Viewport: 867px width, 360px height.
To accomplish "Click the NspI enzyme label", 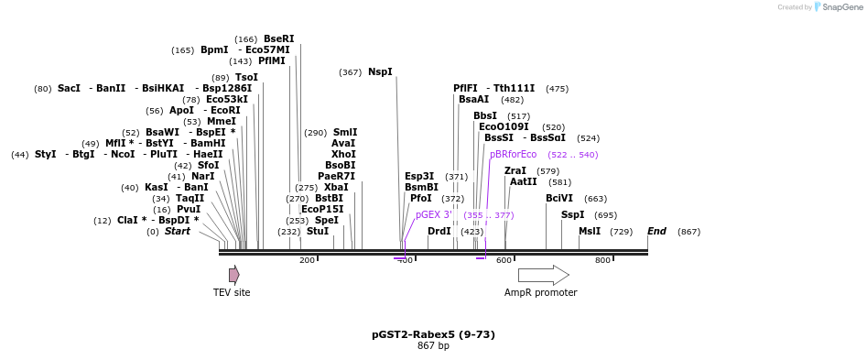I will point(380,72).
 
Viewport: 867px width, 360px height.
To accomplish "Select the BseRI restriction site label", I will point(279,38).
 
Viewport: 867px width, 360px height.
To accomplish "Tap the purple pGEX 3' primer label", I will point(434,215).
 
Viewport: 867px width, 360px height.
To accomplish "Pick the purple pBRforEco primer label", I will point(513,155).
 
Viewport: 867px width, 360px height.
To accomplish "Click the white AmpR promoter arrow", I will point(543,275).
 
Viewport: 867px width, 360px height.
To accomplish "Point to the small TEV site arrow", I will point(234,275).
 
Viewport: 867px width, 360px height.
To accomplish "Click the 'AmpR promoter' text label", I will point(540,293).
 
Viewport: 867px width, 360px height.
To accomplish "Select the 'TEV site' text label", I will point(232,293).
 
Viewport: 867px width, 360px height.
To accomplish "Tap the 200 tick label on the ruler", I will point(307,261).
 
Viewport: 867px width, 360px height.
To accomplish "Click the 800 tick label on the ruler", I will point(602,261).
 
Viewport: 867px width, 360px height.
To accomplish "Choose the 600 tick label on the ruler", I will point(504,261).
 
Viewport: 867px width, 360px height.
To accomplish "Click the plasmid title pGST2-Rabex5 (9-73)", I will point(433,334).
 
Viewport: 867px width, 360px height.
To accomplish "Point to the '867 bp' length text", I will point(433,346).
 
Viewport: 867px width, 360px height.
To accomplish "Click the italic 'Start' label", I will point(178,232).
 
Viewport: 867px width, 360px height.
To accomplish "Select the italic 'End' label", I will point(656,232).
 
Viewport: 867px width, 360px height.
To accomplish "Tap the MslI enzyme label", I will point(590,232).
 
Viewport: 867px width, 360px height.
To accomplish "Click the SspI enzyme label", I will point(572,215).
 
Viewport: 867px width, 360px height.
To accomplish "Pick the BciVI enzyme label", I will point(559,198).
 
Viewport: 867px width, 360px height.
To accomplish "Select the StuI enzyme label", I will point(318,232).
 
